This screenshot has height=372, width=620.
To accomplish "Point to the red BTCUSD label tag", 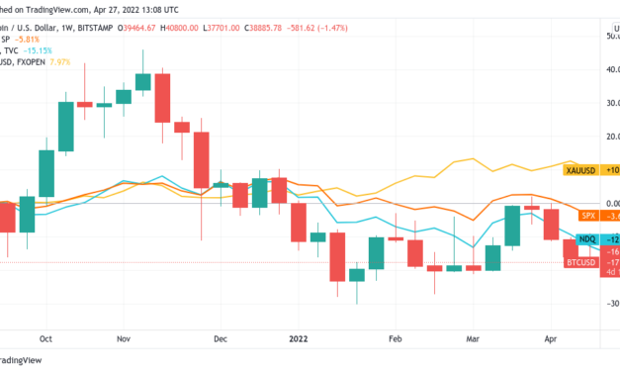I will [582, 262].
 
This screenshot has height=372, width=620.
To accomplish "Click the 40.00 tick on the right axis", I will [606, 69].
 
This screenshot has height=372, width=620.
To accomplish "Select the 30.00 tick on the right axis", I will [606, 103].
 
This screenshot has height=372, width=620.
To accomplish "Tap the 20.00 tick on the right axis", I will [606, 137].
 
